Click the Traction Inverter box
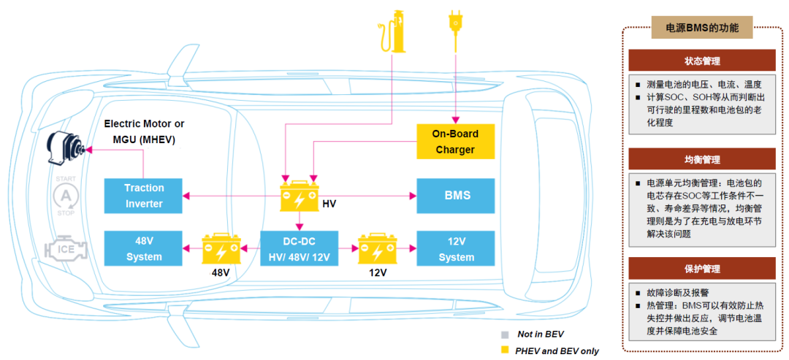tap(144, 196)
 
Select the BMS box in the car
tap(457, 196)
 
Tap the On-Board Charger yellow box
tap(456, 141)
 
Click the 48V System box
tap(144, 248)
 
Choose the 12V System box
tap(457, 248)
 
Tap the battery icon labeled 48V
tap(221, 248)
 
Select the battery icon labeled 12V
tap(377, 248)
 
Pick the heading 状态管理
tap(701, 60)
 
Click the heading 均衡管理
tap(701, 158)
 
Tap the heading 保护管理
tap(701, 269)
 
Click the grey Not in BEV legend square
tap(503, 334)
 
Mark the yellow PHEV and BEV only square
tap(503, 351)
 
